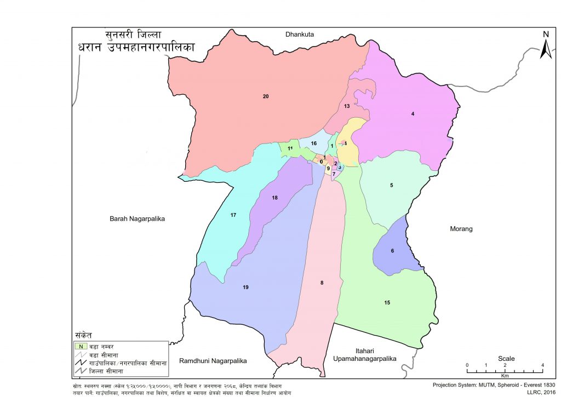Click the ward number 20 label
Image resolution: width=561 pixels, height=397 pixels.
266,97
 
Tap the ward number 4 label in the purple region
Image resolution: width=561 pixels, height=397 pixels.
413,114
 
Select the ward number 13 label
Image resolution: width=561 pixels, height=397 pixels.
347,106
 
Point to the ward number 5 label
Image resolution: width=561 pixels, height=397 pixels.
392,186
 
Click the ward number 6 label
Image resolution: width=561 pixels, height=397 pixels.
392,251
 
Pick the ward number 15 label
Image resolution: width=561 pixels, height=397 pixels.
387,303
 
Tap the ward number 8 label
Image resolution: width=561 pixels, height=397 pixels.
322,283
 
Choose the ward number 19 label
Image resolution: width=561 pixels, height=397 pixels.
246,287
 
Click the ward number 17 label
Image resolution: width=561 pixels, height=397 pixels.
233,215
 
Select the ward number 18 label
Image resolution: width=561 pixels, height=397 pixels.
275,198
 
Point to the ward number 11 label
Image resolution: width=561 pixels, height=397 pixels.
290,148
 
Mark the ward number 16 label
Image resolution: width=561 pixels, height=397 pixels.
314,143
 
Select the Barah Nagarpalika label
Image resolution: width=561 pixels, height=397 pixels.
137,218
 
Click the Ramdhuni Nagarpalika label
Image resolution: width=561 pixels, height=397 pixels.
213,361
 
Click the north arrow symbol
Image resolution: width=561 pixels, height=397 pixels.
546,45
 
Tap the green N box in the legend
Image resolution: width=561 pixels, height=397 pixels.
81,346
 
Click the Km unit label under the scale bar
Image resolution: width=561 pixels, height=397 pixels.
505,376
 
